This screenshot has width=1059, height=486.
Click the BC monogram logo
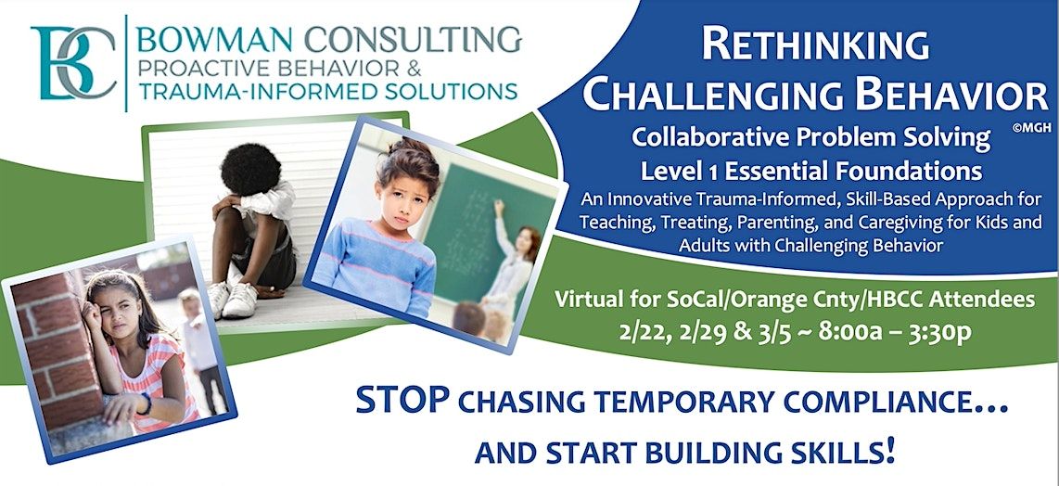click(x=74, y=63)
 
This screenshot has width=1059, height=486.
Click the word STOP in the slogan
click(x=404, y=403)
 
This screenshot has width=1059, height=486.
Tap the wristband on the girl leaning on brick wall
click(x=145, y=404)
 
